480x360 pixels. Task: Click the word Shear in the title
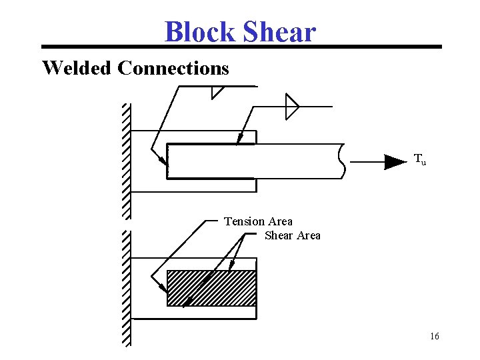(279, 31)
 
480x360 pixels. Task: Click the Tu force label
(420, 159)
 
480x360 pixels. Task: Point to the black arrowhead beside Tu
(395, 161)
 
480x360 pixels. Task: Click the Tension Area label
(258, 221)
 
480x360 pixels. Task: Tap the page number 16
(435, 336)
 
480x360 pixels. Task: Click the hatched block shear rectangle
(211, 288)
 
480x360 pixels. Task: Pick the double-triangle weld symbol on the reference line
(291, 106)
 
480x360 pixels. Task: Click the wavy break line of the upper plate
(342, 161)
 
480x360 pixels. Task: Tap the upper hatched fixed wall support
(127, 160)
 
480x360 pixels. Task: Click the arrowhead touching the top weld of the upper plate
(239, 139)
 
